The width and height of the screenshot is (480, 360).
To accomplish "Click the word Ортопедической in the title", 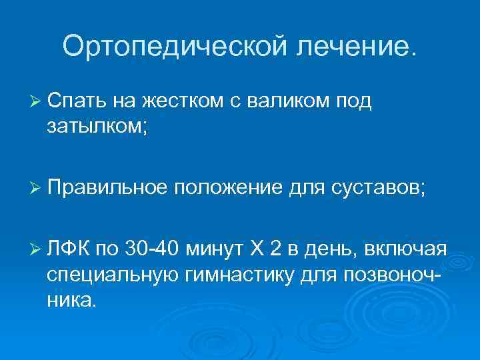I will click(173, 46).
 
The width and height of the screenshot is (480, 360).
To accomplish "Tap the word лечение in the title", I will click(353, 46).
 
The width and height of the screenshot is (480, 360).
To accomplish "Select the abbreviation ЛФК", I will click(69, 250).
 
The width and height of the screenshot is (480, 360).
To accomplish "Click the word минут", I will click(217, 250).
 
